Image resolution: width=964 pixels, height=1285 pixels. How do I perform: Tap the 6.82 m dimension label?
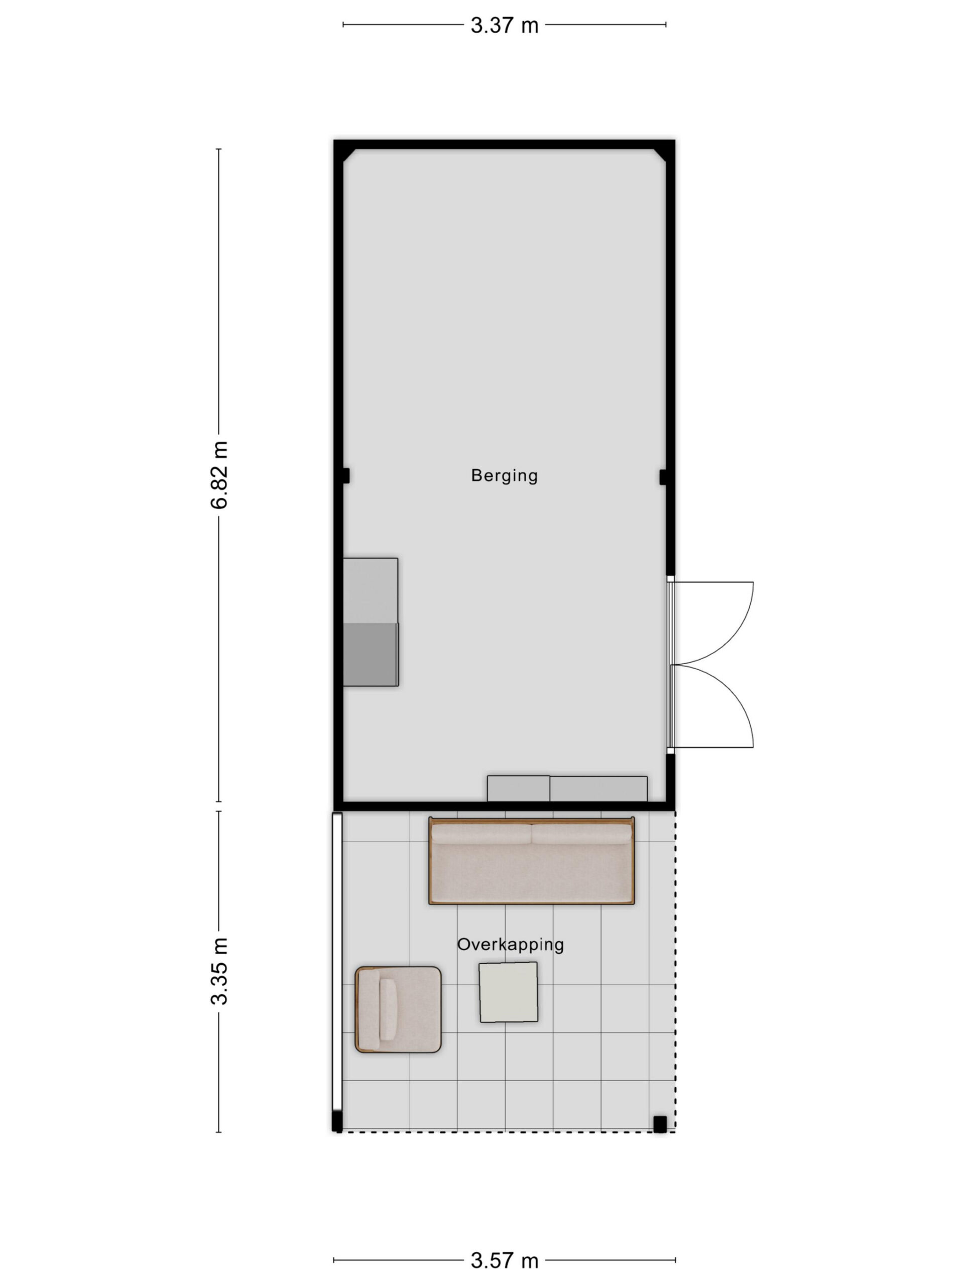[219, 475]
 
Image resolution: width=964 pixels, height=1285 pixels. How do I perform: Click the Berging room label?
[504, 475]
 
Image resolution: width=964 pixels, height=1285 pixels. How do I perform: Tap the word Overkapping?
[510, 944]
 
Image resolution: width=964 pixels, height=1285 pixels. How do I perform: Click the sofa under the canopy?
[531, 860]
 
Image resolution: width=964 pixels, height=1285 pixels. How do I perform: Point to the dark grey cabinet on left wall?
[371, 654]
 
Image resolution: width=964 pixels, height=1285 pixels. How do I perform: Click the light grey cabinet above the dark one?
[371, 591]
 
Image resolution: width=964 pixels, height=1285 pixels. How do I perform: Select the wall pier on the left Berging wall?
[346, 476]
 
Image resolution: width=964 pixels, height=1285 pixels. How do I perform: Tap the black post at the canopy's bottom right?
[660, 1123]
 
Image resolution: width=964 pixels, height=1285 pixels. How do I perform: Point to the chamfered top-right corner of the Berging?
[660, 155]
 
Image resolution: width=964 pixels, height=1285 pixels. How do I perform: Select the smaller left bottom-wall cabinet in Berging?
[518, 788]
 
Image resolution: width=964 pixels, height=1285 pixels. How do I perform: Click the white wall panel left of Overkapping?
[336, 961]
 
